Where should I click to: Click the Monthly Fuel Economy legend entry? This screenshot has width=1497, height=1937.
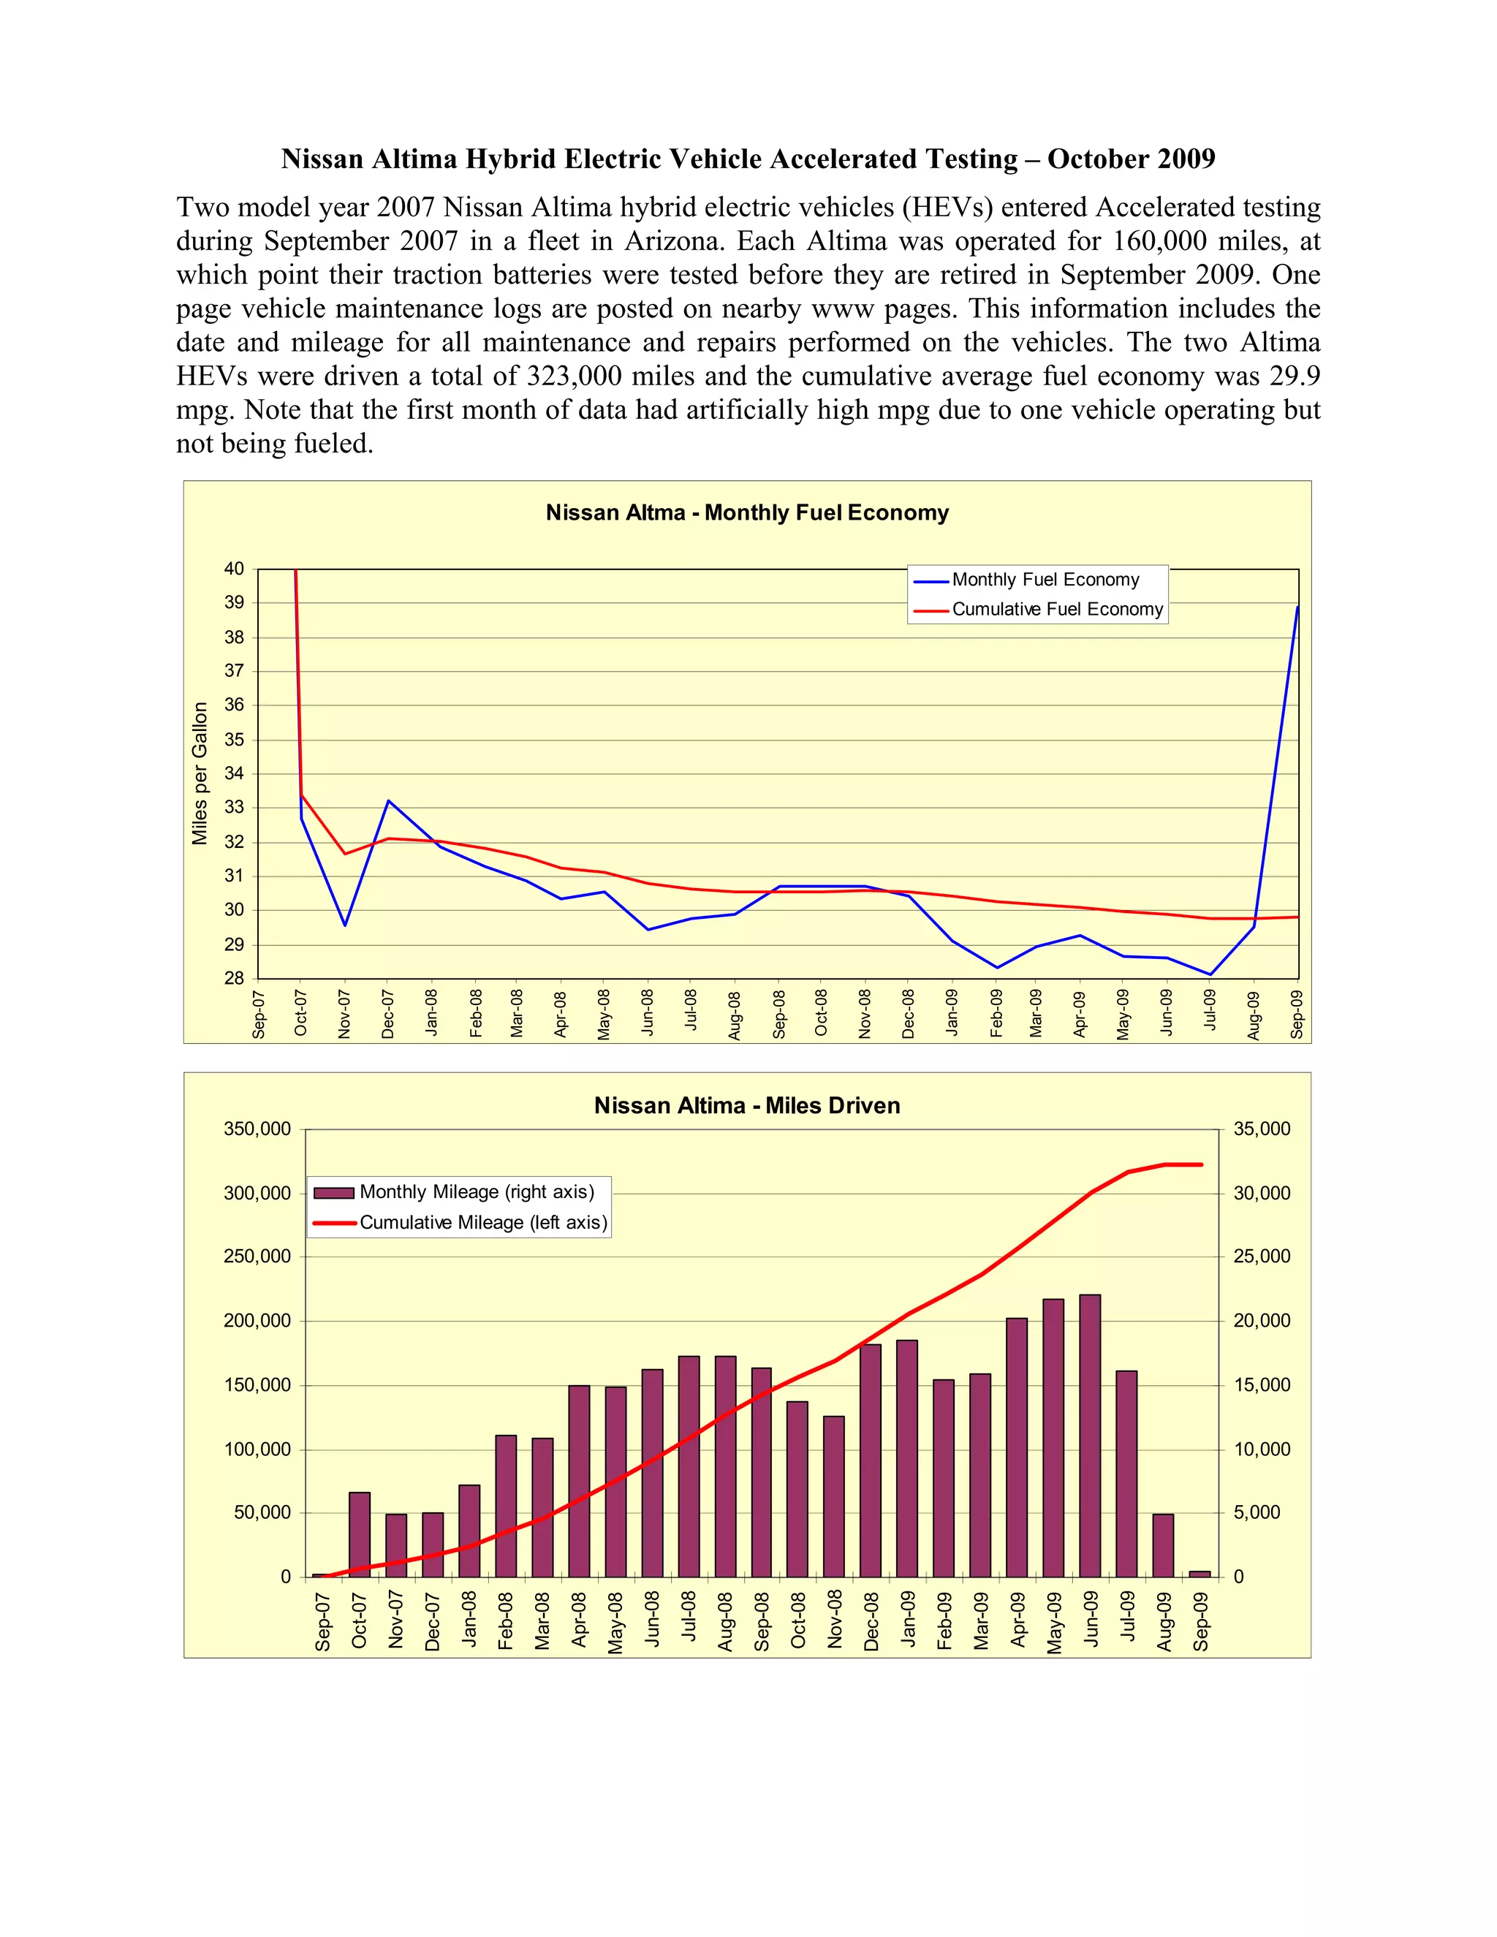pos(1045,580)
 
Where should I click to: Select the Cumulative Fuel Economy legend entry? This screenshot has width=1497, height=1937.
pos(1056,610)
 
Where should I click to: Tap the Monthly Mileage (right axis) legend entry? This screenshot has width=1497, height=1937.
pos(477,1192)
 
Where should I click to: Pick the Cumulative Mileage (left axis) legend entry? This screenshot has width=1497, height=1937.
pos(482,1222)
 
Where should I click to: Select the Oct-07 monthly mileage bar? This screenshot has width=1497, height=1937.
pos(359,1534)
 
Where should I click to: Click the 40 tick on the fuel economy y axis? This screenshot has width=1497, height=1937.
pos(234,569)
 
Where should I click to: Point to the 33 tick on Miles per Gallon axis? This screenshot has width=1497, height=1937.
pos(234,808)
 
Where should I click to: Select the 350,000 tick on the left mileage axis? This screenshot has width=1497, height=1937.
pos(257,1129)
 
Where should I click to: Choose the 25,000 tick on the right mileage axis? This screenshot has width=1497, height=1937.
pos(1262,1256)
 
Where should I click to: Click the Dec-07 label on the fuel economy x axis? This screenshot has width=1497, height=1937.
pos(388,1014)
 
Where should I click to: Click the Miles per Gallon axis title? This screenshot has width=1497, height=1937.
pos(200,773)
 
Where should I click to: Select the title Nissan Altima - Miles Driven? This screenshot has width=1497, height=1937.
pos(747,1106)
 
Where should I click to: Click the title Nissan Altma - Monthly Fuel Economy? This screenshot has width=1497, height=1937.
pos(747,512)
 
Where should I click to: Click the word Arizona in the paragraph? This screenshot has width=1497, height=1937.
pos(676,241)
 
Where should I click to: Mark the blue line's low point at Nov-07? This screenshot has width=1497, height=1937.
pos(345,925)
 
